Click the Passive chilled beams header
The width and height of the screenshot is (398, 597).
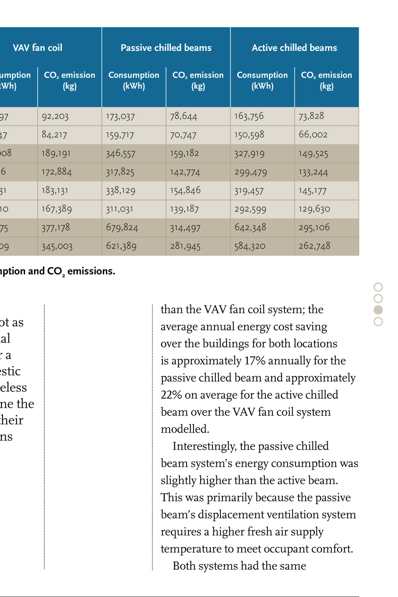tap(166, 48)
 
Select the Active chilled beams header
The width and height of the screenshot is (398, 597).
tap(294, 48)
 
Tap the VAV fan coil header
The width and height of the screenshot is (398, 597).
tap(37, 48)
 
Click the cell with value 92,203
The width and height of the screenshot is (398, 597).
tap(55, 116)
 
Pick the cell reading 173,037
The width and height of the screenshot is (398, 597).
tap(120, 116)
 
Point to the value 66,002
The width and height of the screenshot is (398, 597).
tap(313, 134)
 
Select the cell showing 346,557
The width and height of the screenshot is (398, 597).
tap(120, 154)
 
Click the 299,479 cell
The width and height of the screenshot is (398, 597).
tap(251, 172)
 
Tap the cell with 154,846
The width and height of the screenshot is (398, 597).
tap(185, 190)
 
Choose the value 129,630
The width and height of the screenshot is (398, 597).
tap(314, 209)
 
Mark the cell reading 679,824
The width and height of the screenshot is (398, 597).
tap(122, 227)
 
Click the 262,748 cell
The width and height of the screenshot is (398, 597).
tap(314, 246)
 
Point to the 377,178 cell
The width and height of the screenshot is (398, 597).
tap(56, 227)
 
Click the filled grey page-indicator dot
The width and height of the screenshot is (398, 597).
tap(378, 310)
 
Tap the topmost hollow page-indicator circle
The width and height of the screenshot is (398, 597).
tap(378, 287)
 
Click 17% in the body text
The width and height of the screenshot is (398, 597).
tap(255, 361)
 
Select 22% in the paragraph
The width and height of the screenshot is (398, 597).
tap(171, 395)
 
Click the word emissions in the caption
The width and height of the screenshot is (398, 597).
tap(91, 271)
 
